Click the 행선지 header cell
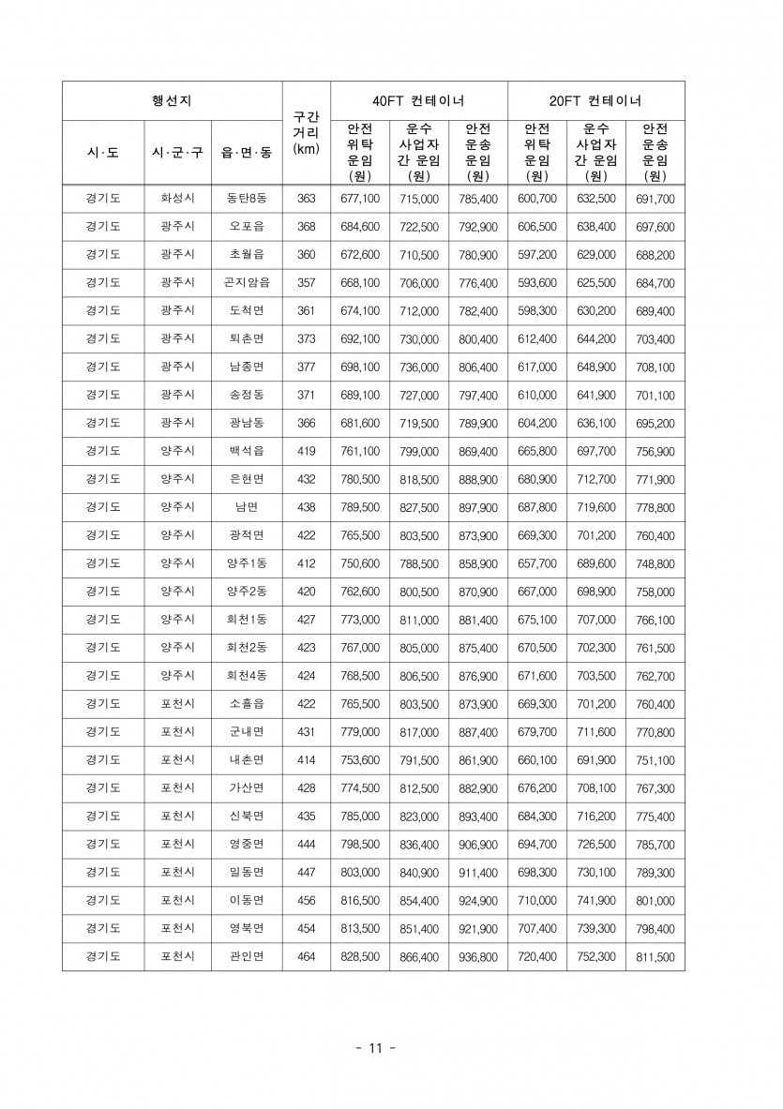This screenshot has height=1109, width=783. coord(172,100)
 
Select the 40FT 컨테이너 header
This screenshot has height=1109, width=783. coord(418,100)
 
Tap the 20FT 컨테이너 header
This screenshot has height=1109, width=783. coord(595,100)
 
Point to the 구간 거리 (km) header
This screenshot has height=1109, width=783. coord(306,132)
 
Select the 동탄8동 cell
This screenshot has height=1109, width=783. coord(247,199)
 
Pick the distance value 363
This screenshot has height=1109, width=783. coord(306,199)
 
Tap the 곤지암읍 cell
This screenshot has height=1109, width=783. coord(247,283)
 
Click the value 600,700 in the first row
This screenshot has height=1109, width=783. coord(537,199)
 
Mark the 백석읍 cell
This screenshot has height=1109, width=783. coord(247,451)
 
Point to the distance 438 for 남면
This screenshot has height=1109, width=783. coord(306,507)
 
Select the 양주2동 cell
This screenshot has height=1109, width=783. coord(247,592)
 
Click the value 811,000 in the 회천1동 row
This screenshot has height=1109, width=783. coord(418,620)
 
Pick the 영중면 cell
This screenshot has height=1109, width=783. coord(247,845)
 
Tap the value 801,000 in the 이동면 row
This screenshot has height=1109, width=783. coord(655,901)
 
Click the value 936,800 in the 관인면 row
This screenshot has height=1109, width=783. coord(478,957)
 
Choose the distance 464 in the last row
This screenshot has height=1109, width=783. coord(306,957)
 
